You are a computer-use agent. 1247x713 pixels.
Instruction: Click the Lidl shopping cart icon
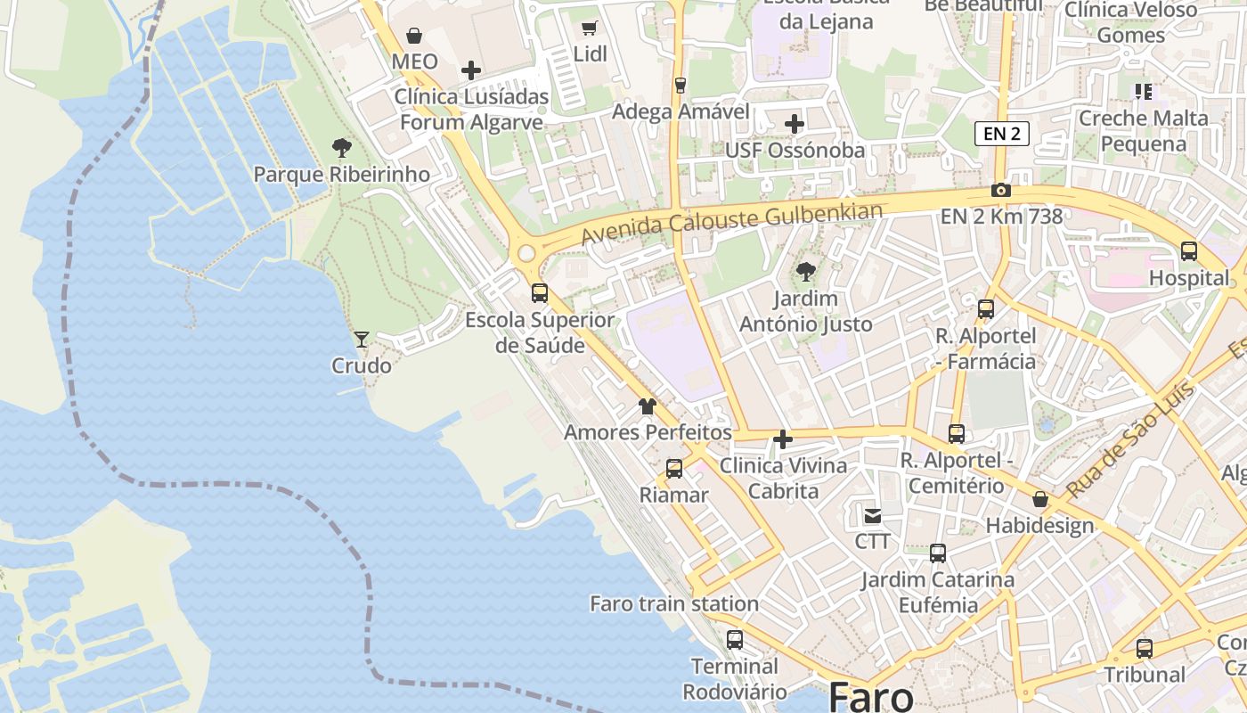(x=589, y=28)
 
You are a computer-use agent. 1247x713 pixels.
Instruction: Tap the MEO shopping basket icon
(x=414, y=36)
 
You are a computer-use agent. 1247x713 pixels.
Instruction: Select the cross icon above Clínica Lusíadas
(x=471, y=70)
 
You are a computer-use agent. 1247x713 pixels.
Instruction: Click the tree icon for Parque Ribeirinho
(x=341, y=148)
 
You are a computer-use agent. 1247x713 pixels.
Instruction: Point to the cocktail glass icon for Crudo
(x=362, y=339)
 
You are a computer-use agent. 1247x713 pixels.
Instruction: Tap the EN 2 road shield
(x=1002, y=134)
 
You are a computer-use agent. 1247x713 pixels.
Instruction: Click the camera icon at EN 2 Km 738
(x=1001, y=191)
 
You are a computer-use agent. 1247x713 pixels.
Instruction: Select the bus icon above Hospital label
(x=1189, y=251)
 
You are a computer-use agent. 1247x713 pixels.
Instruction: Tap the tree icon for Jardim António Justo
(x=806, y=272)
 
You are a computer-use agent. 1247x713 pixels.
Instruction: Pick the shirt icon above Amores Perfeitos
(x=648, y=406)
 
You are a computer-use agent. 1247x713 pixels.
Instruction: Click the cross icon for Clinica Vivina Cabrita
(x=783, y=439)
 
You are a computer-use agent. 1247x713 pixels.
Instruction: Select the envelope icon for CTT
(x=872, y=515)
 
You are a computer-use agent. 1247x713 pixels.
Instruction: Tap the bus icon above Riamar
(x=674, y=469)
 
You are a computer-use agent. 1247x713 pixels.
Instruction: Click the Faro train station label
(x=674, y=604)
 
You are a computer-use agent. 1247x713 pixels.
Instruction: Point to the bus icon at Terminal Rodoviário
(x=735, y=640)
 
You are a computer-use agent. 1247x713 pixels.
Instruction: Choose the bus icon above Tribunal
(x=1145, y=649)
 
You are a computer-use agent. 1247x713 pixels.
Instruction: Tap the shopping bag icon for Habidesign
(x=1039, y=499)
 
